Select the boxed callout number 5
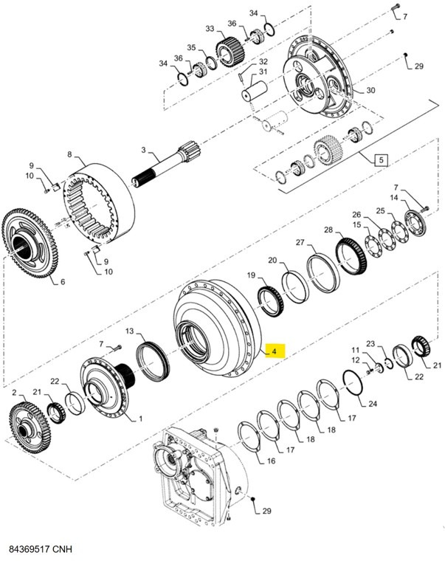(x=382, y=159)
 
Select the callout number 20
(x=272, y=260)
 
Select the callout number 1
(x=134, y=419)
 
